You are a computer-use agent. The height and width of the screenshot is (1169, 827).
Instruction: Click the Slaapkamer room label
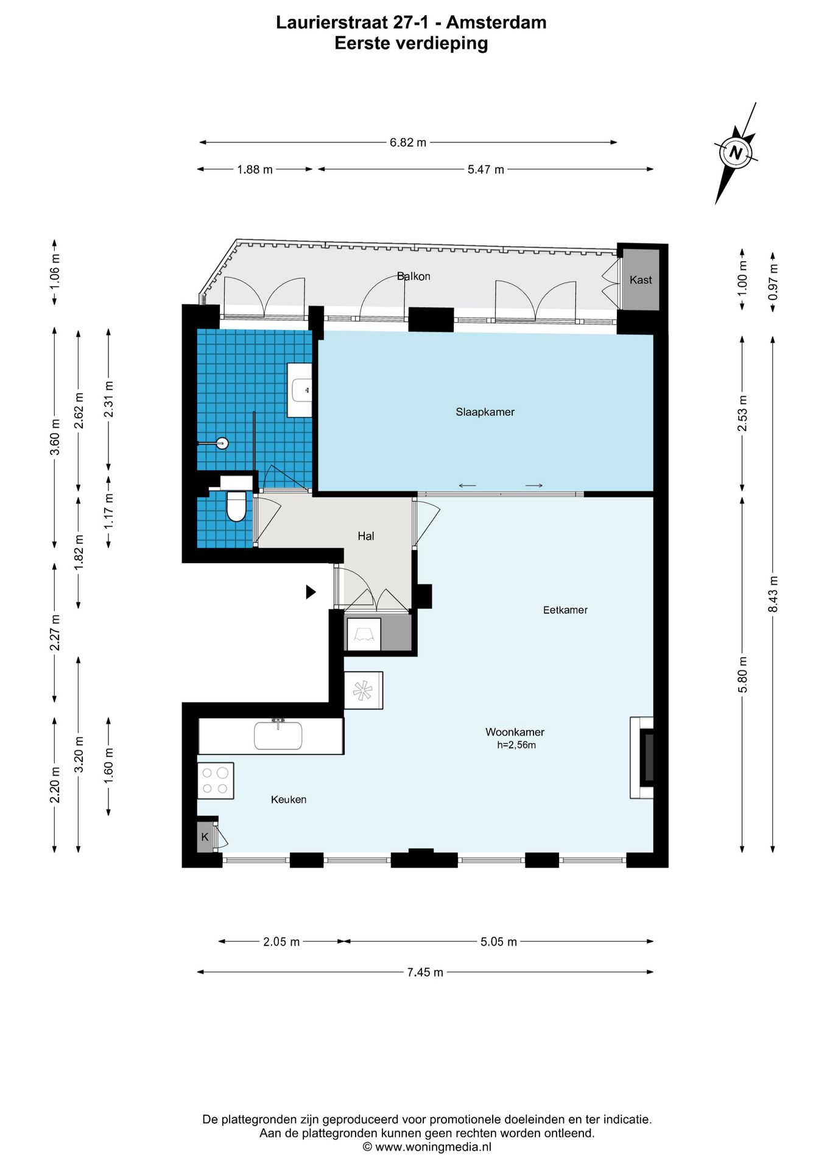[485, 412]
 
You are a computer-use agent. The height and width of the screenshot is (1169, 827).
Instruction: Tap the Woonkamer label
[515, 732]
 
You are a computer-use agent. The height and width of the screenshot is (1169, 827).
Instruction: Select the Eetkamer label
[565, 609]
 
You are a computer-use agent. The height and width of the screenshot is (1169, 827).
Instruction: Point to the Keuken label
[289, 799]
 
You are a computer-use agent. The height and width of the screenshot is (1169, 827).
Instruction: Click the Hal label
[365, 536]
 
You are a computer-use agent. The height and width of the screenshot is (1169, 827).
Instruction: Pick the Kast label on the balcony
[641, 279]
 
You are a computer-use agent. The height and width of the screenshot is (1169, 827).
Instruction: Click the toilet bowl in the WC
[236, 507]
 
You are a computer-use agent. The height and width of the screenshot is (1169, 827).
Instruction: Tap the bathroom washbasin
[300, 390]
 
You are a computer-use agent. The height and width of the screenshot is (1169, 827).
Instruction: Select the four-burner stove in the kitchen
[216, 781]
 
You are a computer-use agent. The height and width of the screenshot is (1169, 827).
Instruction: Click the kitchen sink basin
[278, 735]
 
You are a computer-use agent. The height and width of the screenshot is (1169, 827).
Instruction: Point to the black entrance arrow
[311, 591]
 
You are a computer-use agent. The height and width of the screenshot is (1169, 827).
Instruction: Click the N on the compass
[736, 153]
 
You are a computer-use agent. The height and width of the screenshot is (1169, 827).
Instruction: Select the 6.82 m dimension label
[408, 142]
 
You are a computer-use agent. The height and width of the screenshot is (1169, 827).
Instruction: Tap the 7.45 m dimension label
[425, 972]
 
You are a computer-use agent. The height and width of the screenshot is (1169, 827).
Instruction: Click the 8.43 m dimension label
[773, 594]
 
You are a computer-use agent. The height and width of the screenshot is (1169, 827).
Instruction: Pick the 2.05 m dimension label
[281, 942]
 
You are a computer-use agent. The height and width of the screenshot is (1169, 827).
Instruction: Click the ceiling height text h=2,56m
[516, 745]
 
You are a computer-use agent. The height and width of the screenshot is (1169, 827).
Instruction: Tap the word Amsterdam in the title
[496, 23]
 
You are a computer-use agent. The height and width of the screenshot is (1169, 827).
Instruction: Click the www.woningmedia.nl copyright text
[427, 1147]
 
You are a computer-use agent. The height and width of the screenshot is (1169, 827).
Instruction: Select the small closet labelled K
[205, 837]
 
